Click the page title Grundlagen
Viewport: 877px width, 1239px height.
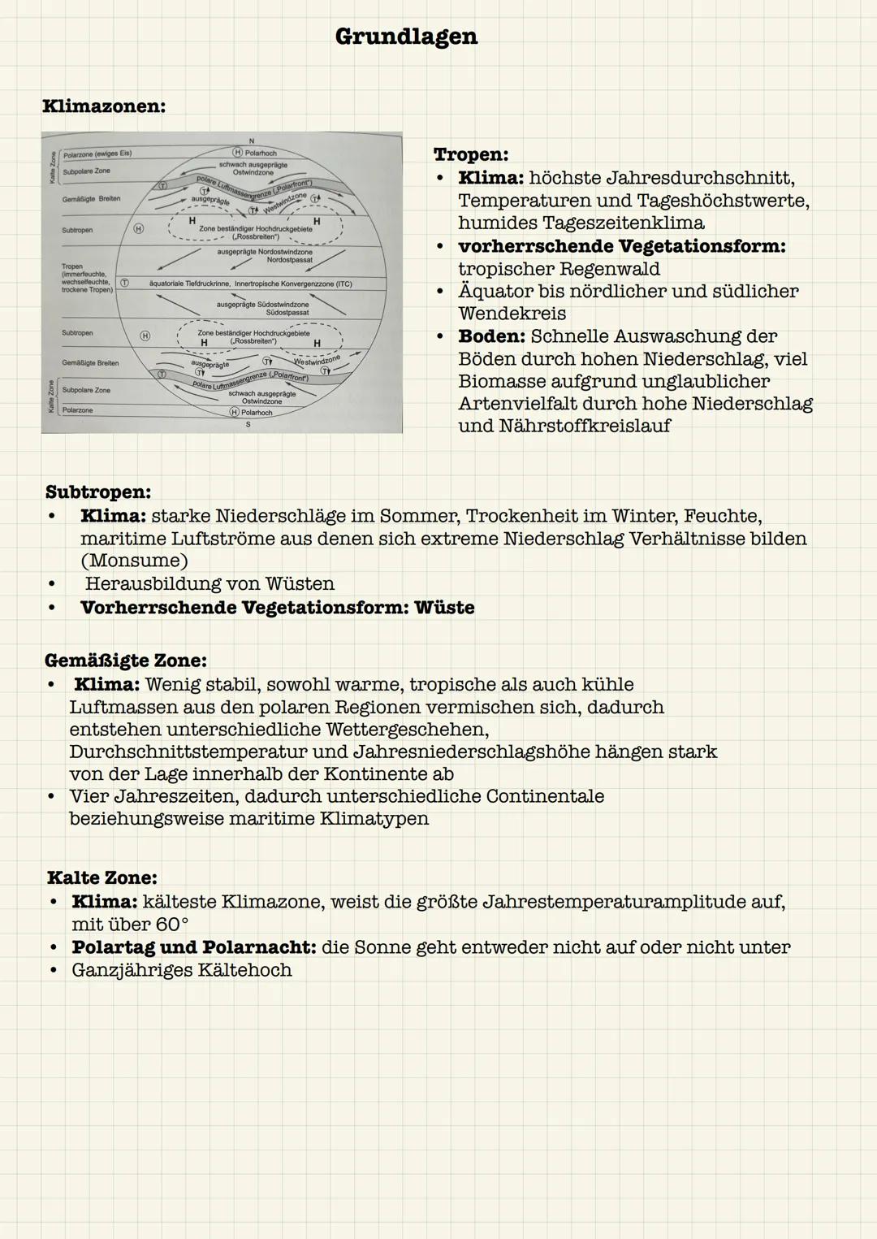(406, 37)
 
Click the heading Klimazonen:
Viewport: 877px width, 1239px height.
(104, 106)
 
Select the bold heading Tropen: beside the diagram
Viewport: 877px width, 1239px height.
(471, 154)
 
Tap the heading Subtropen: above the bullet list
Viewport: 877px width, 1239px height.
(97, 492)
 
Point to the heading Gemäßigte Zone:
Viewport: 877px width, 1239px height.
(126, 660)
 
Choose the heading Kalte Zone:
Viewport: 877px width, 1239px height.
(102, 877)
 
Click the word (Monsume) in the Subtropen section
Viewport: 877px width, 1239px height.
(134, 561)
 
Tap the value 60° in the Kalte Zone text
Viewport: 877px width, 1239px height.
(172, 925)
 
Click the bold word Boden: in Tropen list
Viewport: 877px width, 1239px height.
(491, 336)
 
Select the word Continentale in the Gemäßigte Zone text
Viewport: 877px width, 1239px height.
(545, 796)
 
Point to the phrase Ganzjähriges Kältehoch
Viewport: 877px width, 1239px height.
(181, 970)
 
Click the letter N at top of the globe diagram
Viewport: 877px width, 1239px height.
(252, 141)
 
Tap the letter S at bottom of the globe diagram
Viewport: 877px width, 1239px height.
(248, 424)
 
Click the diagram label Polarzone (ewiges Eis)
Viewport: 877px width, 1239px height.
(97, 154)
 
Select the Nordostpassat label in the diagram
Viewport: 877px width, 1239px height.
(289, 260)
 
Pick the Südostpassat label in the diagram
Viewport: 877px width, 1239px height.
(287, 312)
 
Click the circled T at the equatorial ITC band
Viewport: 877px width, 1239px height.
(125, 283)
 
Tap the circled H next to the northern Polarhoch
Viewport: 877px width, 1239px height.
(238, 153)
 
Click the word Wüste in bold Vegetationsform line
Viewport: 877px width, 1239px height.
(444, 608)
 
